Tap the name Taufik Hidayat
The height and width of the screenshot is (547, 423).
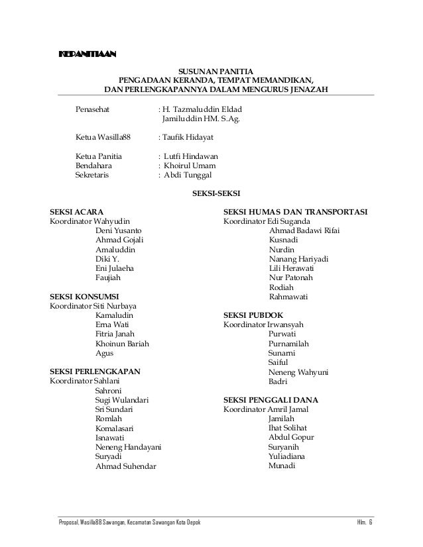coord(188,137)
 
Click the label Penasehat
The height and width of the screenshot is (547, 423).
coord(95,108)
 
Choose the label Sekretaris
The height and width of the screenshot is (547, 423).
coord(93,176)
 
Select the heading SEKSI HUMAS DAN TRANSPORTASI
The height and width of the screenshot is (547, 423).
coord(297,211)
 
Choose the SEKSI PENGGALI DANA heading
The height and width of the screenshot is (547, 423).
coord(271,401)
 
